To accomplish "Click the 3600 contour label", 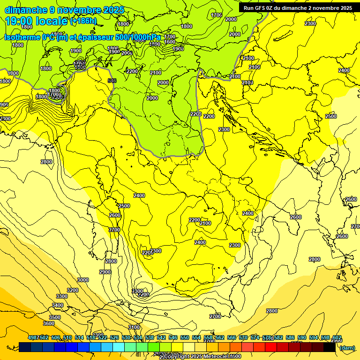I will coord(49,323).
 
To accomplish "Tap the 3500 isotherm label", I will coord(55,317).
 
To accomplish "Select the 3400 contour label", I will coord(58,305).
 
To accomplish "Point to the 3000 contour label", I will coord(83,280).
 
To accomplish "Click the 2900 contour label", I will coord(105,272).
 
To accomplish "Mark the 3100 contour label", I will coord(134,327).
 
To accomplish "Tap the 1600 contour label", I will coord(170,42).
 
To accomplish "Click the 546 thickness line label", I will coord(112,81).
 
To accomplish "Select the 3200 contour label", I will coord(73,290).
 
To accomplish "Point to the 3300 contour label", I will coord(62,296).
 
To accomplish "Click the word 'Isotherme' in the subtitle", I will coord(22,37).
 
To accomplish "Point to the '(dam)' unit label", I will coord(347,347).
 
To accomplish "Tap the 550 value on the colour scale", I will coord(185,338).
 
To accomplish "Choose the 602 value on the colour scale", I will coord(337,338).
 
